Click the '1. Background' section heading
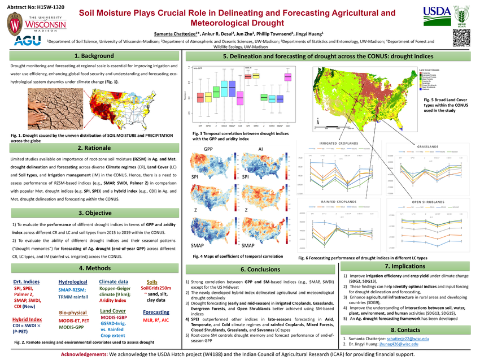tap(93, 56)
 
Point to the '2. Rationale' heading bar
tap(93, 148)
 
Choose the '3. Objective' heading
tap(93, 213)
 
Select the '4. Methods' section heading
tap(93, 267)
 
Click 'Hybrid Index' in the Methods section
tap(27, 319)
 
